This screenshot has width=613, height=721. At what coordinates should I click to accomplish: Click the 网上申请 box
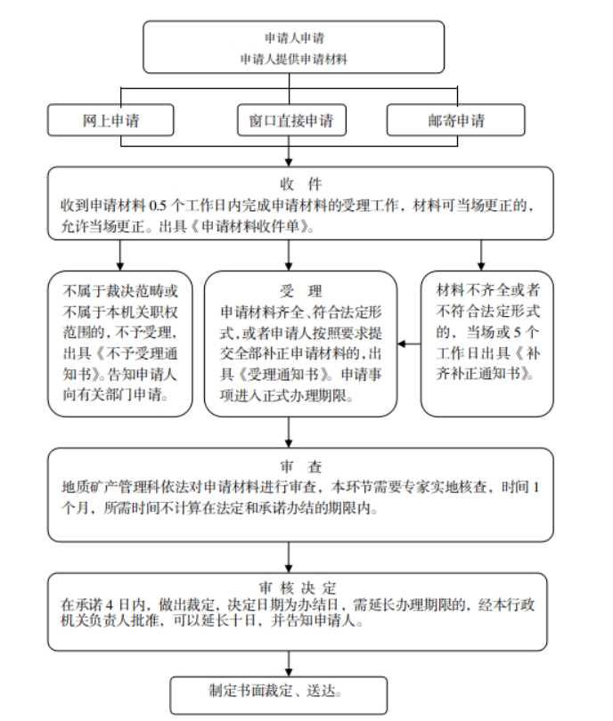110,120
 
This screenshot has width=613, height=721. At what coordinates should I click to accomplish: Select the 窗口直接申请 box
291,120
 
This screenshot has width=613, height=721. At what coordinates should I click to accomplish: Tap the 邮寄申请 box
455,120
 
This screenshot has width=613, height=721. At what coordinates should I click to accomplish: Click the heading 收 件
300,184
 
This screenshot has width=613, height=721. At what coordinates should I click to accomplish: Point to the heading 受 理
300,290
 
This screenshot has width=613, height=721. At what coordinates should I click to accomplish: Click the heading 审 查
300,466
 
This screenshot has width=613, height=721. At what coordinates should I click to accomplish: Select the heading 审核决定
298,587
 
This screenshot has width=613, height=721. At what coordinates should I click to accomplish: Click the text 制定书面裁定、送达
275,691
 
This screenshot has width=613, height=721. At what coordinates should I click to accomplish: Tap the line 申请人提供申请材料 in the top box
294,59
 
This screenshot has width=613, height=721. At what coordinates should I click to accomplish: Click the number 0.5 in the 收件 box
158,205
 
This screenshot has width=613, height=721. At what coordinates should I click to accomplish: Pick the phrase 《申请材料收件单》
252,226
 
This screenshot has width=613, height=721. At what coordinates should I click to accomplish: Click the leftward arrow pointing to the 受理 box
409,344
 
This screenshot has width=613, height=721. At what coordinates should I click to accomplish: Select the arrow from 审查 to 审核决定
289,557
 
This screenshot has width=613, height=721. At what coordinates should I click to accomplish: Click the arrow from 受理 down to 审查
289,433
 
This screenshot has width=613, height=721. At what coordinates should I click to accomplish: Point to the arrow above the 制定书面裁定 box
289,663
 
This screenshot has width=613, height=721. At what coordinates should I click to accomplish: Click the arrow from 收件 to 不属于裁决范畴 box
120,255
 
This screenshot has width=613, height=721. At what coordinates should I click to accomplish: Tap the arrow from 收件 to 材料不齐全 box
481,255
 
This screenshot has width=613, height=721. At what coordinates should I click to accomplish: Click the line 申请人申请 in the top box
295,37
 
